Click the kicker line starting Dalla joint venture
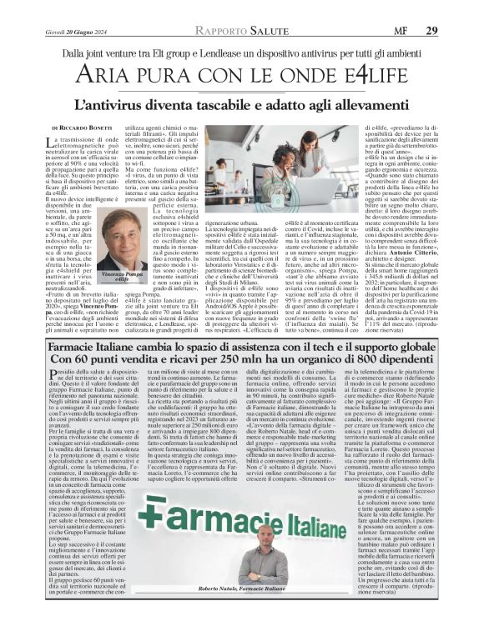(x=241, y=53)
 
